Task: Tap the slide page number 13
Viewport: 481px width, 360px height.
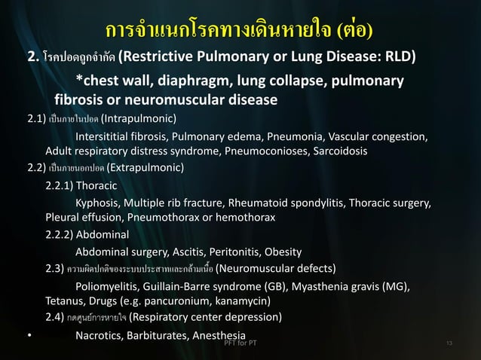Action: [450, 344]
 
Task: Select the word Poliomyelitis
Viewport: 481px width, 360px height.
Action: [109, 286]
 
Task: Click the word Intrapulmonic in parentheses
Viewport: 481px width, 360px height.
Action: [139, 118]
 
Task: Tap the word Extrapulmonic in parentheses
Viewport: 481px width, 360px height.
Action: [145, 167]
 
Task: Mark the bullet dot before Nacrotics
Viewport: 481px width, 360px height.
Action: [29, 336]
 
